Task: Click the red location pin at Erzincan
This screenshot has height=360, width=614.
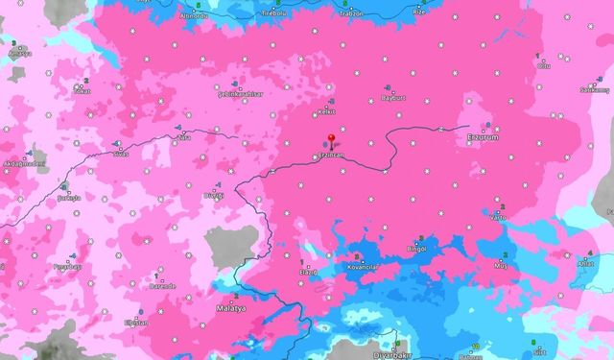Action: (x=332, y=139)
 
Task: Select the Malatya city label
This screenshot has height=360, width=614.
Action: (x=229, y=310)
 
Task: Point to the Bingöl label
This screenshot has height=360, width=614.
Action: (x=416, y=250)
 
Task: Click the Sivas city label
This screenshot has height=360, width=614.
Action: (x=120, y=154)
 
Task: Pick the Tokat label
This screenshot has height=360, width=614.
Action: (x=80, y=94)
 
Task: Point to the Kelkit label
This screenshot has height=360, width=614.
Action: (x=325, y=112)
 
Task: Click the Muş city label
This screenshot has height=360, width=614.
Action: (x=500, y=264)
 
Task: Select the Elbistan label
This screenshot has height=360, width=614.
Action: (x=137, y=324)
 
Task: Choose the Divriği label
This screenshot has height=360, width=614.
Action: (x=215, y=195)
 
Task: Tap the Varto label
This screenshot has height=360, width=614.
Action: (x=498, y=217)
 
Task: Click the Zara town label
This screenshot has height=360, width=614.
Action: (x=181, y=138)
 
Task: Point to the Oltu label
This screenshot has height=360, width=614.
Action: (x=544, y=67)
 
